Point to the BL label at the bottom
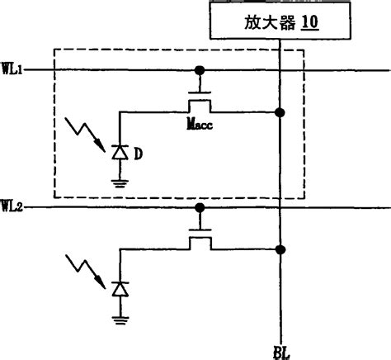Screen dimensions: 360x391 click(283, 350)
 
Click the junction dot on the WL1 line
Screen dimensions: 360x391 click(198, 71)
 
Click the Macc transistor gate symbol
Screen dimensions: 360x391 click(198, 99)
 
